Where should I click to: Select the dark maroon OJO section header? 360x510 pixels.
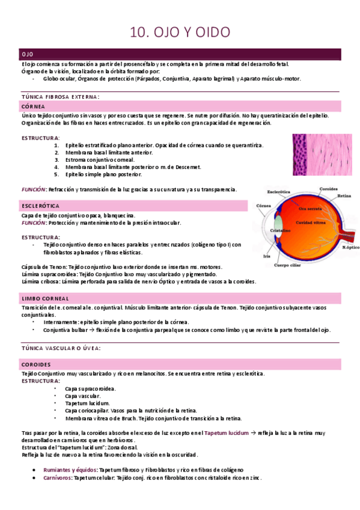point(180,54)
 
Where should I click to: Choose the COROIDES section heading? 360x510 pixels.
point(36,364)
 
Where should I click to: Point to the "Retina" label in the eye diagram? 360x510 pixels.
point(344,196)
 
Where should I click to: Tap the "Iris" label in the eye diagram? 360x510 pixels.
point(267,256)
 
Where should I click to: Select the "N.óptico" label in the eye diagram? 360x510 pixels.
point(350,247)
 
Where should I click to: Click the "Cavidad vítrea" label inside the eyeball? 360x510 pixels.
point(310,223)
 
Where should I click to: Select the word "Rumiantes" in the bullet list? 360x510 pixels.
point(55,469)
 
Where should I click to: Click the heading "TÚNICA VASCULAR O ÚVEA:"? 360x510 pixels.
point(61,348)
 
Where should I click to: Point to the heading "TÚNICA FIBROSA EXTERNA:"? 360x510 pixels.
point(60,96)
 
